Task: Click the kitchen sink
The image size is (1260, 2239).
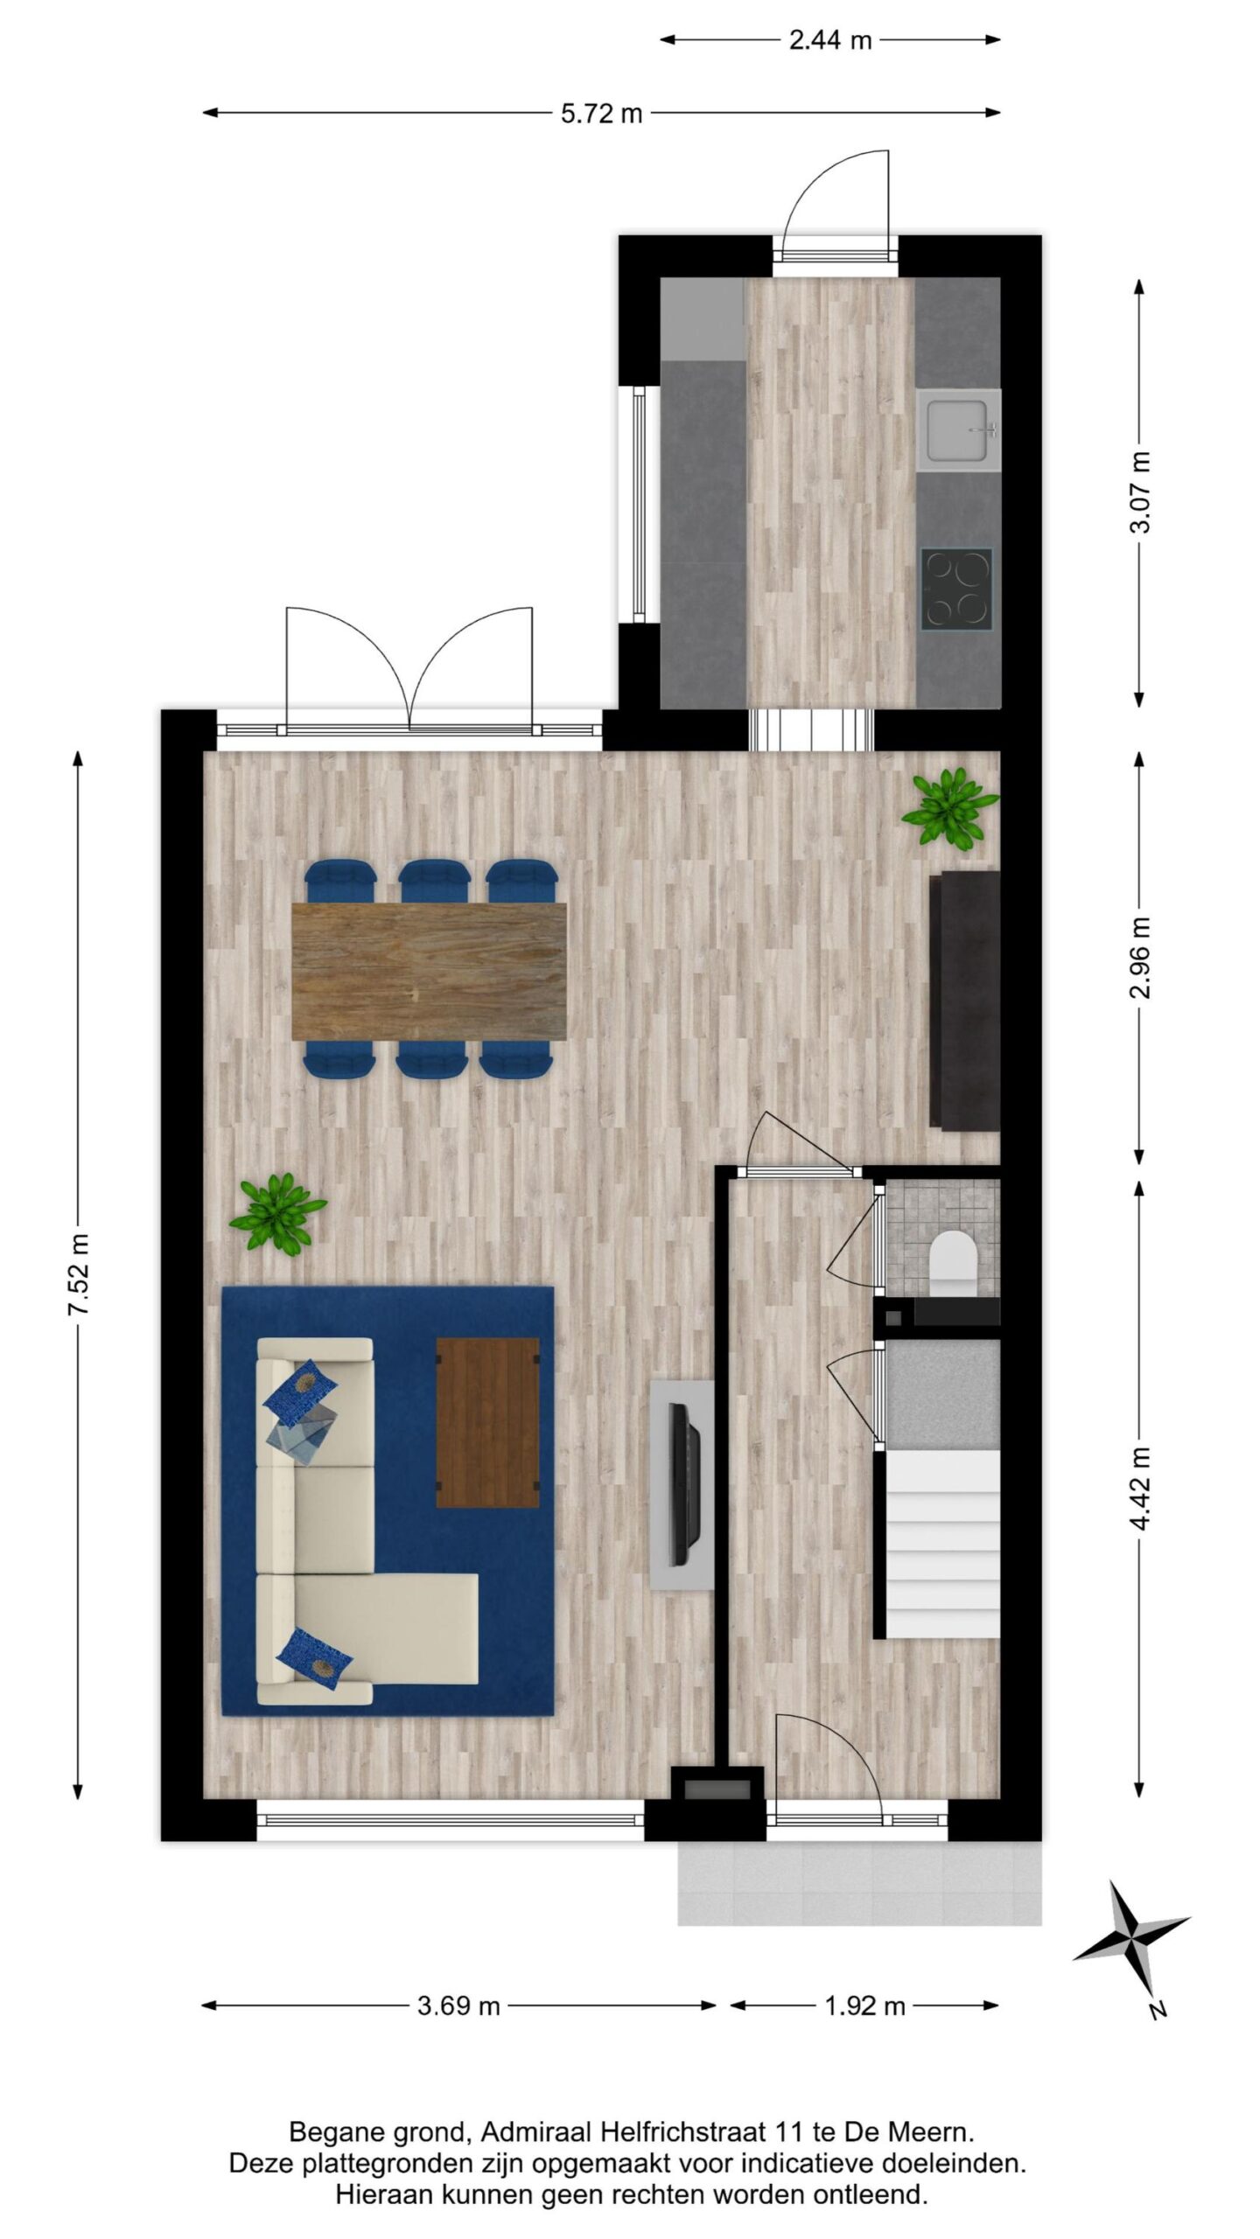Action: [x=958, y=429]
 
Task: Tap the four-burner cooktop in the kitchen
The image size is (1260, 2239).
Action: [x=956, y=588]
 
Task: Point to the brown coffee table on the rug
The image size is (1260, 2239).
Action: [x=487, y=1422]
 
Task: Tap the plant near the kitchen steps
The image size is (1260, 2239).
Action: [x=949, y=806]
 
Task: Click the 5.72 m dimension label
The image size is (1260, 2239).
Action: [x=602, y=114]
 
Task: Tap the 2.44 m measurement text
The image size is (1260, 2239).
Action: [x=830, y=40]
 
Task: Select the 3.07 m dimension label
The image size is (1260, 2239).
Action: [x=1140, y=492]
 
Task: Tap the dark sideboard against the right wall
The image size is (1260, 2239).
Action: [x=964, y=1001]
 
